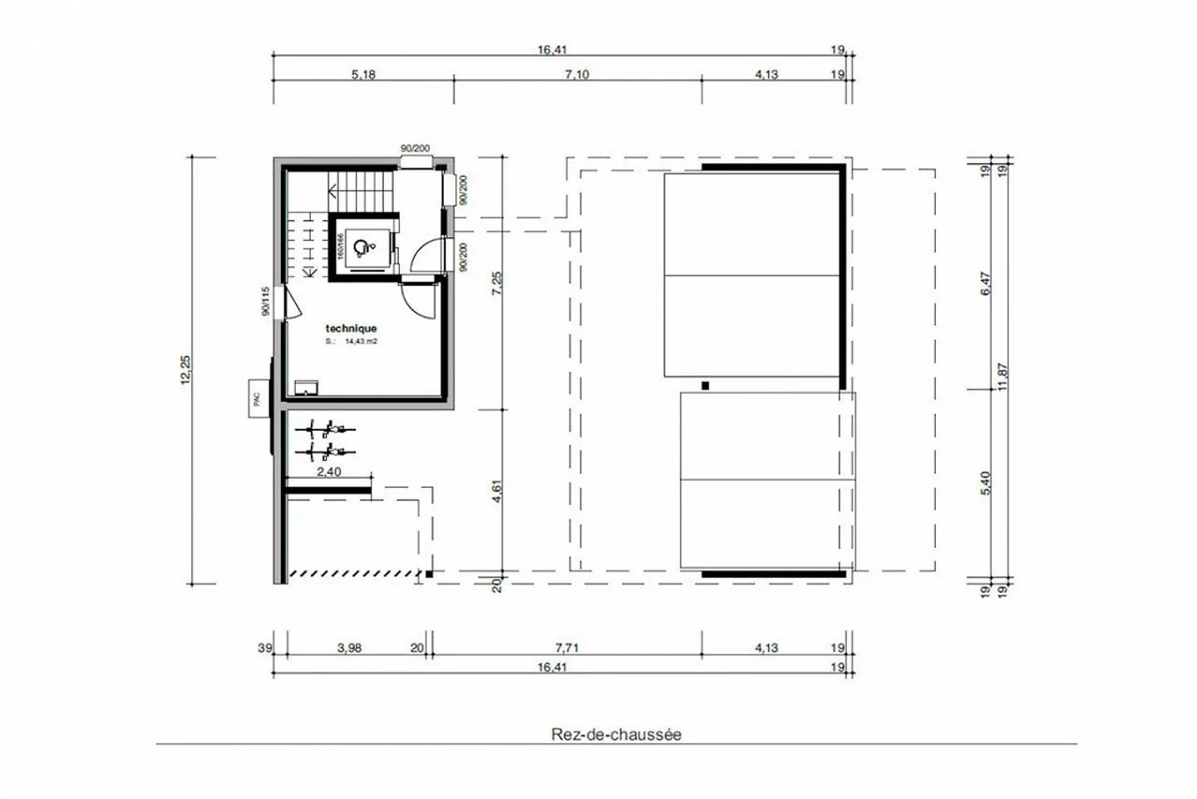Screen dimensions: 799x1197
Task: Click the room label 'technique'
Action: (351, 328)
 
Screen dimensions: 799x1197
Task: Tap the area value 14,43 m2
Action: (361, 341)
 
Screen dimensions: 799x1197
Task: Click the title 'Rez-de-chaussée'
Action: (616, 734)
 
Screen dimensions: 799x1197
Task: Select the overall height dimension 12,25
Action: (185, 369)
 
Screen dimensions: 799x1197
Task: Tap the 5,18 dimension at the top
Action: (363, 74)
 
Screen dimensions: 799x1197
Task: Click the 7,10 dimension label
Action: (577, 74)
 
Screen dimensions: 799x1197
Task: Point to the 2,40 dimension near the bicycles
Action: (329, 471)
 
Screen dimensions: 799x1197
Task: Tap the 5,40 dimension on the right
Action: (986, 482)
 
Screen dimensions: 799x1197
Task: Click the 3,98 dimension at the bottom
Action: (349, 648)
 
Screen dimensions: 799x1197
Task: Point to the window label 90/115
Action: (266, 301)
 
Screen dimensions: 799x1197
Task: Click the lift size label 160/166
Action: (341, 245)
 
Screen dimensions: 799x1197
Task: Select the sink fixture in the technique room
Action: (307, 387)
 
